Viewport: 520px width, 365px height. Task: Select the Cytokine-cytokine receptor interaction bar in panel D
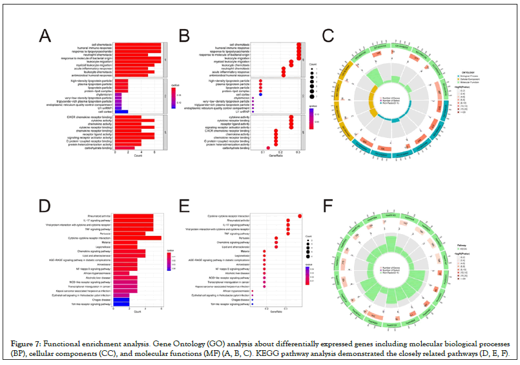[137, 238]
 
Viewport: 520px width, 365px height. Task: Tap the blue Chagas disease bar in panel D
[121, 299]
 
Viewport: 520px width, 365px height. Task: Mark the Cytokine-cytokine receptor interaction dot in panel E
[300, 215]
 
